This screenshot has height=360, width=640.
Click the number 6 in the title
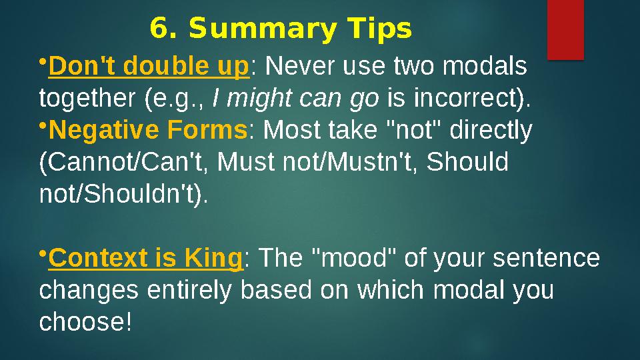point(157,29)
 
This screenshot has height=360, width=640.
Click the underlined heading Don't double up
point(149,67)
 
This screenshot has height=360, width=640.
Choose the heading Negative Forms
point(148,131)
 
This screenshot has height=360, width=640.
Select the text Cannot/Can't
point(125,162)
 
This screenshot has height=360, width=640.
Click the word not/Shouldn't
point(123,193)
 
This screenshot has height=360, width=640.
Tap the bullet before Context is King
point(43,253)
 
